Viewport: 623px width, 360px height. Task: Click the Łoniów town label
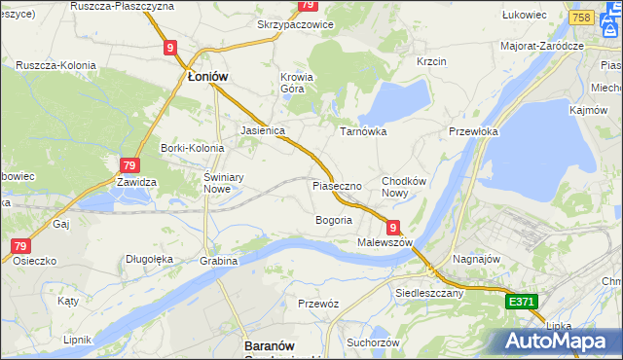coord(207,77)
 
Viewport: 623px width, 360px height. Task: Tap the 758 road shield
coord(582,18)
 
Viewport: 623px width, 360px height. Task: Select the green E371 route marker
coord(522,303)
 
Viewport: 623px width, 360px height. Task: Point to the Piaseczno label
coord(337,185)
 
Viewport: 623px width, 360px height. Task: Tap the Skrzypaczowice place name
coord(295,24)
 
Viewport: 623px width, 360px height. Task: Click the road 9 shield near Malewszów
coord(391,226)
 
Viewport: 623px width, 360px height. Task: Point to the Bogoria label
coord(333,220)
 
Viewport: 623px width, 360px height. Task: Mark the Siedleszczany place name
coord(428,292)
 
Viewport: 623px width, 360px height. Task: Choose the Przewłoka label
coord(473,131)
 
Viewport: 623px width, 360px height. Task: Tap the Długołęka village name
coord(149,259)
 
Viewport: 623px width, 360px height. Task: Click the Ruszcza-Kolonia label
coord(55,65)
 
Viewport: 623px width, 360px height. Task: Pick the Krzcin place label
coord(430,61)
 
